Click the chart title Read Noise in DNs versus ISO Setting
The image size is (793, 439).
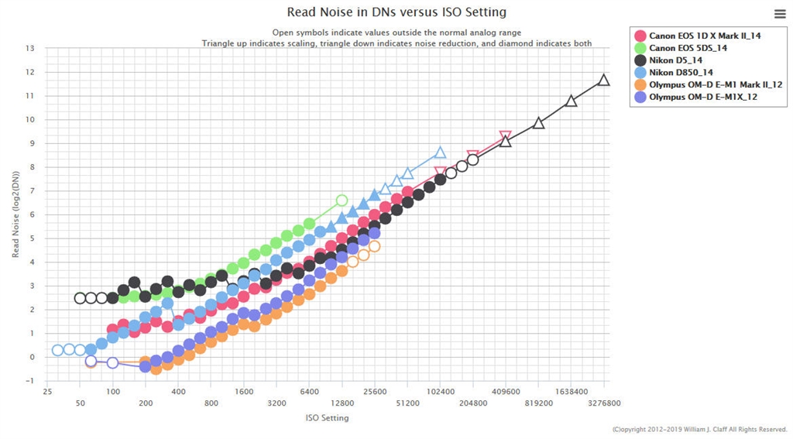coord(396,12)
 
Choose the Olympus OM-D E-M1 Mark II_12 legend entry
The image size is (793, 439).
coord(705,85)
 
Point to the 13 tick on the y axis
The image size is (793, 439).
coord(30,48)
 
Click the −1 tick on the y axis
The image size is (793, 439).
coord(30,381)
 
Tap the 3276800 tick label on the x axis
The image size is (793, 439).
coord(603,403)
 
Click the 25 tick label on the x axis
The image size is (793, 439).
coord(48,392)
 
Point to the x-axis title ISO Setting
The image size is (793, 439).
coord(328,418)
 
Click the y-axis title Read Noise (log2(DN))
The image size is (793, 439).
coord(15,214)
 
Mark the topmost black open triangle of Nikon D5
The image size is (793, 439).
coord(604,80)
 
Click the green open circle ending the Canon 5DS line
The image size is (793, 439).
coord(342,201)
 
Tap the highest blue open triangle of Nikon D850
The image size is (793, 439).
coord(440,153)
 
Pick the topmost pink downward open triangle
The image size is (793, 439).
coord(505,137)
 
